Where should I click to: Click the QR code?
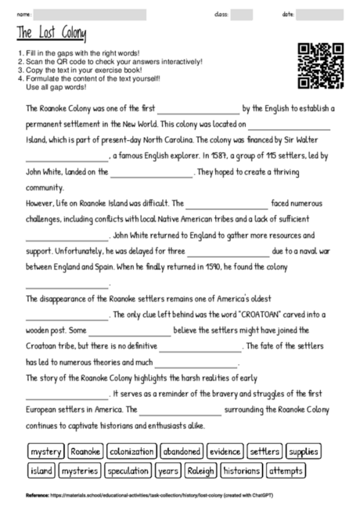coord(321,65)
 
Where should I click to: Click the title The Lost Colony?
coord(52,34)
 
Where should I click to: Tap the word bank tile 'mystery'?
coord(45,452)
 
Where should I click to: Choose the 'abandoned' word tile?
coord(182,452)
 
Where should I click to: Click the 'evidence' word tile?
coord(225,452)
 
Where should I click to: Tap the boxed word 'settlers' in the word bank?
coord(265,452)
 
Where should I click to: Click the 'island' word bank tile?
coord(41,471)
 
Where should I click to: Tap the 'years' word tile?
coord(167,471)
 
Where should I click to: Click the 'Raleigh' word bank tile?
coord(200,471)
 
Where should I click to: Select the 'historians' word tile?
coord(241,471)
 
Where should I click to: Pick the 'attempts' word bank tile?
coord(285,471)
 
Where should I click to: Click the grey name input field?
coord(90,14)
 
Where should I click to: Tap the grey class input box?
coord(241,14)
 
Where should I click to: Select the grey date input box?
coord(319,14)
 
